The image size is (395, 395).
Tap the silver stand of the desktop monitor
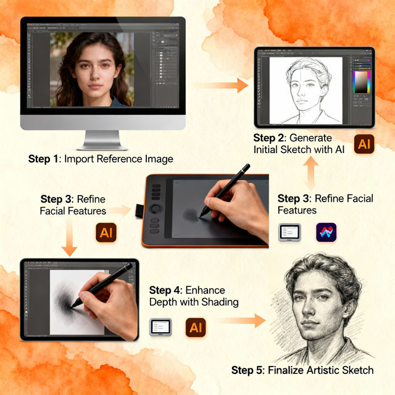point(102,139)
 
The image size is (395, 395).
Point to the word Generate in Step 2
point(312,138)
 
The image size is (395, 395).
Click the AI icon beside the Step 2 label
point(364,144)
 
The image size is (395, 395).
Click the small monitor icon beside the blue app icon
point(289,232)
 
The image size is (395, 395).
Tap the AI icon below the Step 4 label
point(195,327)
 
